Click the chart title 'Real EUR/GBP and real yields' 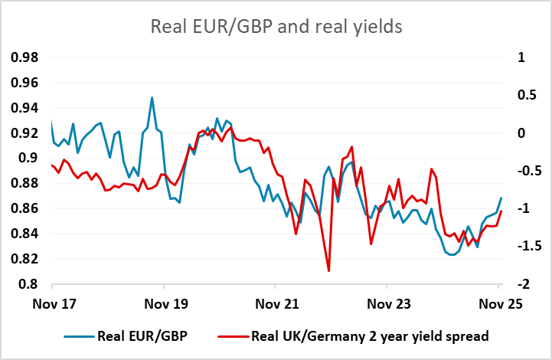276,27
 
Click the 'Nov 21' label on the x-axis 276,303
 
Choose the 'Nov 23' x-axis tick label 388,303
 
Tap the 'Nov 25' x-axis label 500,303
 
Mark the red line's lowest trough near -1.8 328,270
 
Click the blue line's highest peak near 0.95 152,98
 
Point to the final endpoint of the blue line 501,198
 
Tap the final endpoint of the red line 501,211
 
